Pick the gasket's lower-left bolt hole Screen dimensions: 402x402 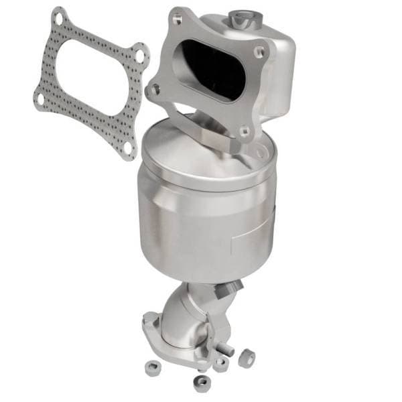pyautogui.click(x=41, y=98)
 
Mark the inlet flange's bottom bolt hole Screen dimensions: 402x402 pyautogui.click(x=243, y=131)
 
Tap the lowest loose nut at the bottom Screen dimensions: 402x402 pyautogui.click(x=200, y=383)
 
